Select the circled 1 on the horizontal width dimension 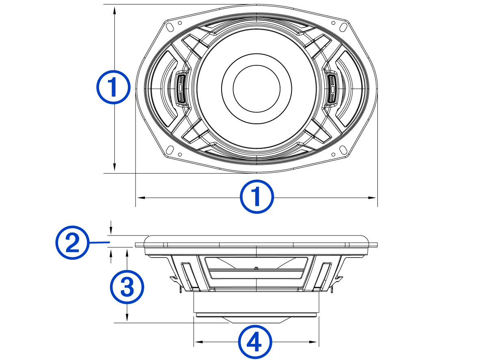(257, 197)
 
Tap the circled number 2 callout (72, 243)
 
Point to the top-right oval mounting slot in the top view (343, 27)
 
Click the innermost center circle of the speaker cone (256, 88)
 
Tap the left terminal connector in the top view (181, 88)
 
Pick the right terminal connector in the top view (332, 88)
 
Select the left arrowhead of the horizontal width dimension (140, 198)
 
